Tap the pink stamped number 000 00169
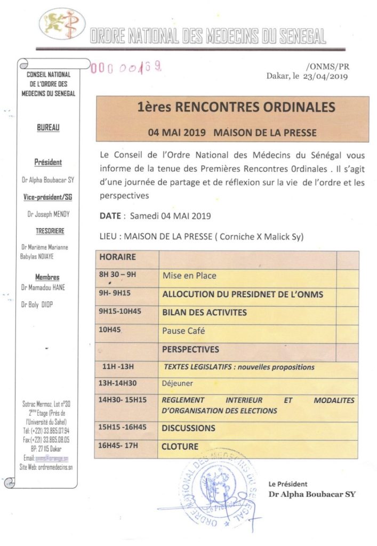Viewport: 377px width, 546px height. point(126,68)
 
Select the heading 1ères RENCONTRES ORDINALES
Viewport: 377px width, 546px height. point(236,107)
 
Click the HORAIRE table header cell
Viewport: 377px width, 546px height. point(118,257)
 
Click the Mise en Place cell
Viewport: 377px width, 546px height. point(189,276)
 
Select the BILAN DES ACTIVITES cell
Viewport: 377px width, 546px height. point(204,312)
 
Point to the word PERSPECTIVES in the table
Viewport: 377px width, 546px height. point(190,349)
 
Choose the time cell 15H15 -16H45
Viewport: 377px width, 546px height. point(123,428)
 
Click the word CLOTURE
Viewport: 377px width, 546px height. point(180,446)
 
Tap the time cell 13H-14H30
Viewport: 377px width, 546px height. point(120,383)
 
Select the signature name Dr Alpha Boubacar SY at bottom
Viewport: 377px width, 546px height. point(311,494)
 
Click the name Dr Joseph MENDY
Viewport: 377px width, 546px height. point(48,214)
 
